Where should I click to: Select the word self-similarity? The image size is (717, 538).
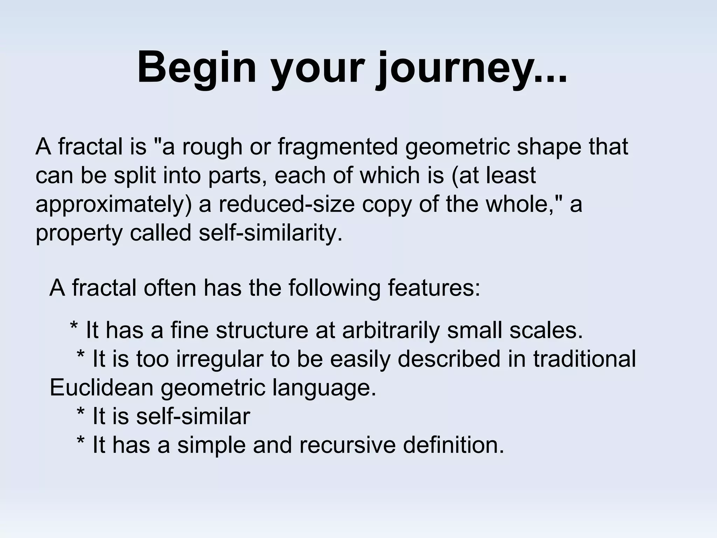tap(270, 233)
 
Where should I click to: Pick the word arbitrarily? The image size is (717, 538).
tap(390, 331)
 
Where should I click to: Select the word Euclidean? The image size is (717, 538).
tap(102, 388)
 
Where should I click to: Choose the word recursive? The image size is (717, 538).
tap(347, 446)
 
